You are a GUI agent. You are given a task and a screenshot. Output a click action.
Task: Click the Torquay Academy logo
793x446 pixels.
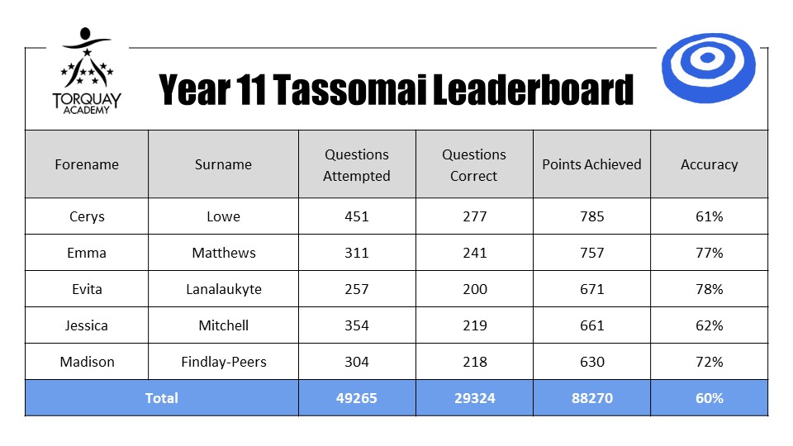pyautogui.click(x=87, y=71)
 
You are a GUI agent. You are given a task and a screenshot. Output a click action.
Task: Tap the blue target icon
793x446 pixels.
pyautogui.click(x=708, y=68)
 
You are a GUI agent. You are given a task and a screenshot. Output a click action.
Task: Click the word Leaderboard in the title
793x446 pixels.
pyautogui.click(x=533, y=89)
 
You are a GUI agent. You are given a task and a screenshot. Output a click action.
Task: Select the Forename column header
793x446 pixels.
pyautogui.click(x=87, y=164)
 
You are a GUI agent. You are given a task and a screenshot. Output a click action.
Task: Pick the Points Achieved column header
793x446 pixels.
pyautogui.click(x=591, y=164)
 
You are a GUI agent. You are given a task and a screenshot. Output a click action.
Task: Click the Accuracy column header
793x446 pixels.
pyautogui.click(x=709, y=165)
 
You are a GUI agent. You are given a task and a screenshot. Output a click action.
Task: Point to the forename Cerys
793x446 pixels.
pyautogui.click(x=87, y=217)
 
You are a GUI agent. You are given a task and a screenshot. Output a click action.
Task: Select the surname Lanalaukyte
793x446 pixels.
pyautogui.click(x=224, y=289)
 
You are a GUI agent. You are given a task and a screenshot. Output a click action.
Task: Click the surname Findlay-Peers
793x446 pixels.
pyautogui.click(x=224, y=362)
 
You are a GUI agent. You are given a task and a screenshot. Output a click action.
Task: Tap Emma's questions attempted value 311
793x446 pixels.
pyautogui.click(x=357, y=253)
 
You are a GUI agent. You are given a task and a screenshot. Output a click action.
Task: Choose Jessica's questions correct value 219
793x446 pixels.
pyautogui.click(x=474, y=325)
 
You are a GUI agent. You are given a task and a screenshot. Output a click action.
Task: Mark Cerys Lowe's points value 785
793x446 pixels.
pyautogui.click(x=591, y=216)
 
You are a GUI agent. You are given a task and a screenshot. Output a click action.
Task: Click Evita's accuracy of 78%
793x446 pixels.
pyautogui.click(x=709, y=289)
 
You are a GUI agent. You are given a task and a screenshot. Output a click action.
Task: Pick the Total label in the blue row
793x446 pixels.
pyautogui.click(x=161, y=398)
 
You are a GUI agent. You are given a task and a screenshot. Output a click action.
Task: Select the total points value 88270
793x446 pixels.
pyautogui.click(x=591, y=398)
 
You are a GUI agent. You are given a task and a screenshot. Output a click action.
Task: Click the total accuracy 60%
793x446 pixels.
pyautogui.click(x=709, y=398)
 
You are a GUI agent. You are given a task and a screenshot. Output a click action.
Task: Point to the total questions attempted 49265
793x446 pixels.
pyautogui.click(x=357, y=398)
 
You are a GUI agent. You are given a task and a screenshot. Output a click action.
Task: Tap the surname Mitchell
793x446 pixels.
pyautogui.click(x=224, y=325)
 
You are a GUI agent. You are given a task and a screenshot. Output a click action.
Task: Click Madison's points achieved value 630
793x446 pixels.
pyautogui.click(x=591, y=362)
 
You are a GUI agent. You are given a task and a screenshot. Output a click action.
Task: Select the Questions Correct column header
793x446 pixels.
pyautogui.click(x=474, y=165)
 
